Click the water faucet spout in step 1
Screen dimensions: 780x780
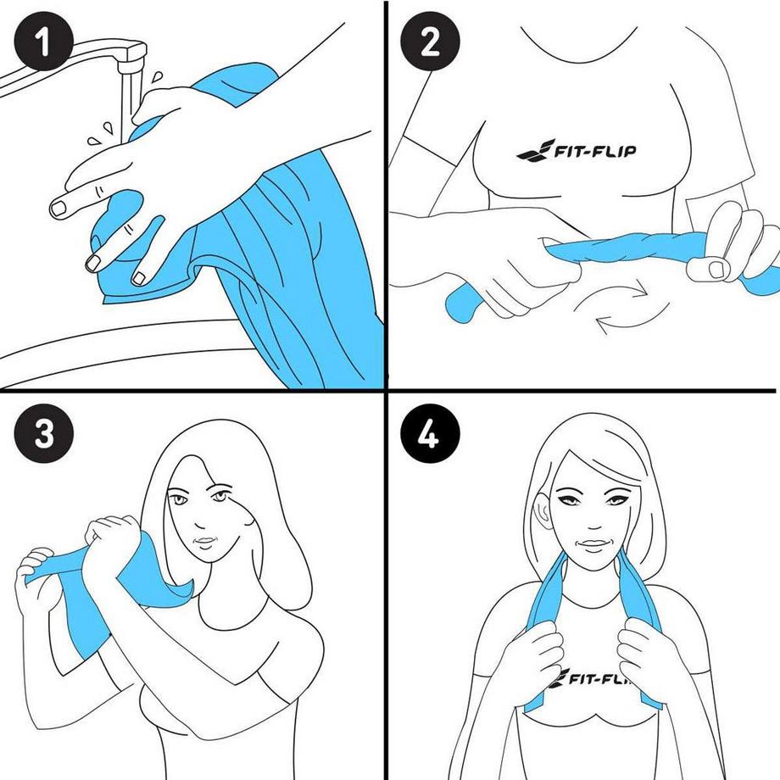click(x=127, y=59)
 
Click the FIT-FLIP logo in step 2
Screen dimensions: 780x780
click(x=577, y=153)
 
